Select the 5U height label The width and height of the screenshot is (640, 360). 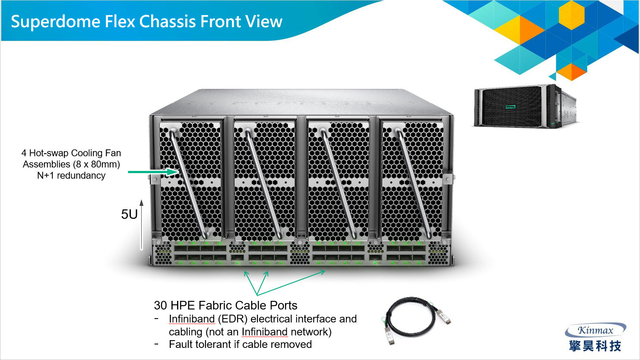tap(129, 215)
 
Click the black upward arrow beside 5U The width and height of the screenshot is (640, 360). tap(141, 224)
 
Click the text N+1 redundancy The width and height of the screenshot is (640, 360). tap(71, 176)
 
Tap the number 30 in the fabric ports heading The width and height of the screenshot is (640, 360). tap(160, 306)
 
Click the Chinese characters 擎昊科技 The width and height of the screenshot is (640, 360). tap(595, 346)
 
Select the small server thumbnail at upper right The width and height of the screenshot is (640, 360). tap(524, 106)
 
